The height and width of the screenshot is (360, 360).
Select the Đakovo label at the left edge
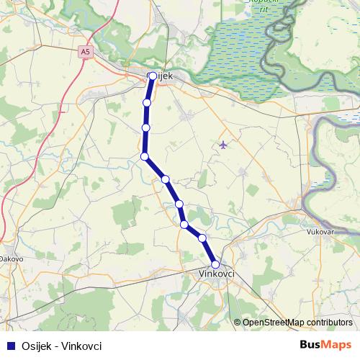(11, 258)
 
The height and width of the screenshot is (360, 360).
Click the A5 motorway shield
(86, 52)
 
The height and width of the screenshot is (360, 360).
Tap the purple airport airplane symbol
(222, 145)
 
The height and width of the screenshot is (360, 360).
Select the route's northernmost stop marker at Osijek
(152, 76)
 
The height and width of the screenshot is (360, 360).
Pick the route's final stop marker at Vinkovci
(215, 264)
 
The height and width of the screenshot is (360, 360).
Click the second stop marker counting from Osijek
(147, 103)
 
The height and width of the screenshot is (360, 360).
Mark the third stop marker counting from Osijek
(146, 128)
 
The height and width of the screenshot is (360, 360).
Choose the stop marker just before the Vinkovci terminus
(202, 238)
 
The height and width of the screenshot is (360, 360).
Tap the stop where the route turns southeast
(145, 156)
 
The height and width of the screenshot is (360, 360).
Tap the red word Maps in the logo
(339, 346)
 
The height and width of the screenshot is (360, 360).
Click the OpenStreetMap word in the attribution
(275, 323)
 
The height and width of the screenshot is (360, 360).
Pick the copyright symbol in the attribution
(238, 323)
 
